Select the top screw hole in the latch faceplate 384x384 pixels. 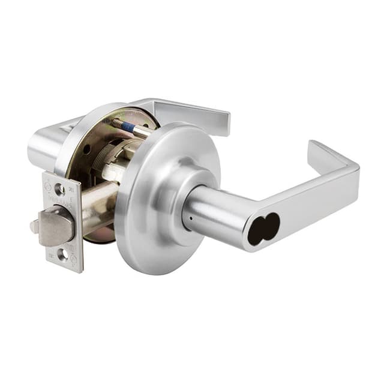(x=60, y=190)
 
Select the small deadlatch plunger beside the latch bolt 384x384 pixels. (x=35, y=227)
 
